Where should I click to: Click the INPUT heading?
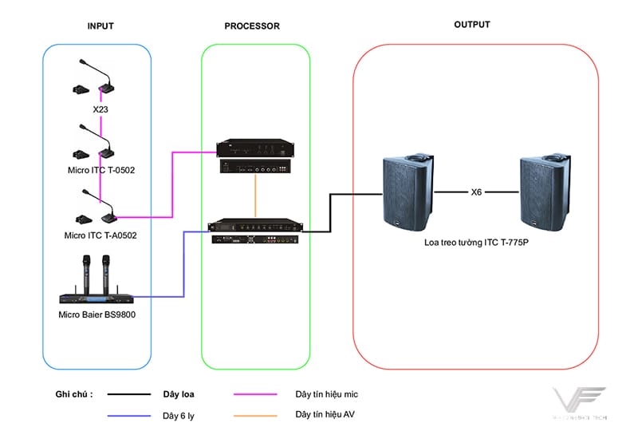[x=100, y=26]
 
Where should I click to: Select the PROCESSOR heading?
[x=252, y=26]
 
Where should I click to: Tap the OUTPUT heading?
[x=472, y=25]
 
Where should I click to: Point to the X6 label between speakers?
[x=477, y=192]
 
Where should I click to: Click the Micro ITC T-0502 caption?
[x=100, y=171]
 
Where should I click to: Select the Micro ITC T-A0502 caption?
[x=100, y=235]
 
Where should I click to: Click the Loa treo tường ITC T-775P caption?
[x=477, y=239]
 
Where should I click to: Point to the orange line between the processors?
[x=254, y=196]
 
